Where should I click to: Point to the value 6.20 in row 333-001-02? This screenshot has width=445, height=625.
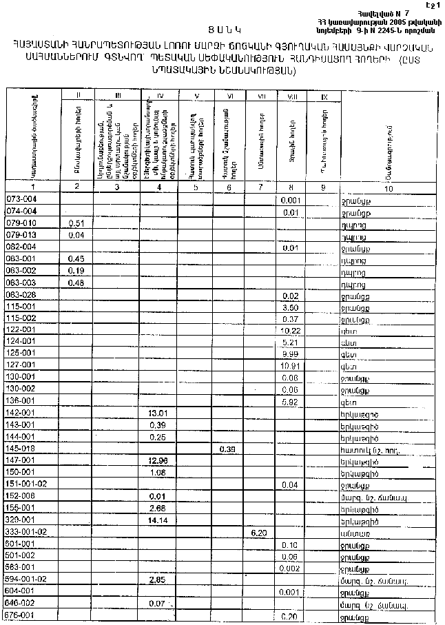[259, 532]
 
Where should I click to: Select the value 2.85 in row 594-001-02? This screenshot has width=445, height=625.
[158, 580]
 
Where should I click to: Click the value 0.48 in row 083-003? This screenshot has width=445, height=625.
[77, 283]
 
